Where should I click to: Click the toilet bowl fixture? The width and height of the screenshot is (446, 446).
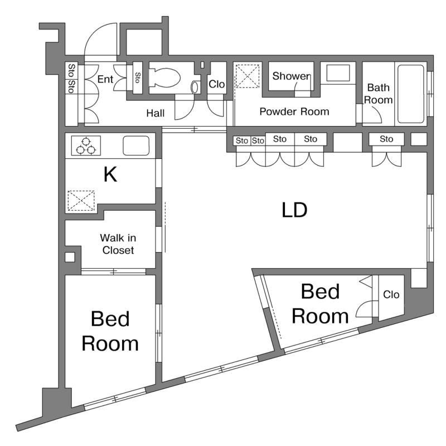tap(164, 77)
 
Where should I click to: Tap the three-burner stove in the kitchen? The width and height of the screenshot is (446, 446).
tap(86, 146)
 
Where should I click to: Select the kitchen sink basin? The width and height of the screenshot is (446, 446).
tap(136, 146)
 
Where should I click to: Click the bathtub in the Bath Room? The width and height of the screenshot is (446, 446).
tap(411, 94)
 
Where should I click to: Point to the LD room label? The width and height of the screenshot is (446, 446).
tap(294, 210)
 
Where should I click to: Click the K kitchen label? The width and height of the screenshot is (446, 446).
tap(110, 174)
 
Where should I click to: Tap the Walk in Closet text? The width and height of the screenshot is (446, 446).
tap(118, 244)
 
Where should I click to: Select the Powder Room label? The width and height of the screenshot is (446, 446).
tap(294, 111)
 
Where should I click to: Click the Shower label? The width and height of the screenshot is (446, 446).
tap(292, 76)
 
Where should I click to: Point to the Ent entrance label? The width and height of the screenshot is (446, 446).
tap(105, 79)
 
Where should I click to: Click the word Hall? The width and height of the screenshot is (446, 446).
tap(156, 113)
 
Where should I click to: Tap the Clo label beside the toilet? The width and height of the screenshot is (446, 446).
tap(217, 84)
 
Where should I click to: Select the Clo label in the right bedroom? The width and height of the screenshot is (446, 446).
tap(391, 294)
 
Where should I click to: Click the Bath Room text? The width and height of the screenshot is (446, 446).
tap(379, 94)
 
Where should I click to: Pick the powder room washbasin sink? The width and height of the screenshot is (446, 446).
tap(338, 73)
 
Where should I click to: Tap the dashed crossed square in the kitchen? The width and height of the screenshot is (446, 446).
tap(81, 201)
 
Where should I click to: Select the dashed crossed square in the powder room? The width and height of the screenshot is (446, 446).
tap(248, 76)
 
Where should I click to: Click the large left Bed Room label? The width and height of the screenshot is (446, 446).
tap(110, 331)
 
